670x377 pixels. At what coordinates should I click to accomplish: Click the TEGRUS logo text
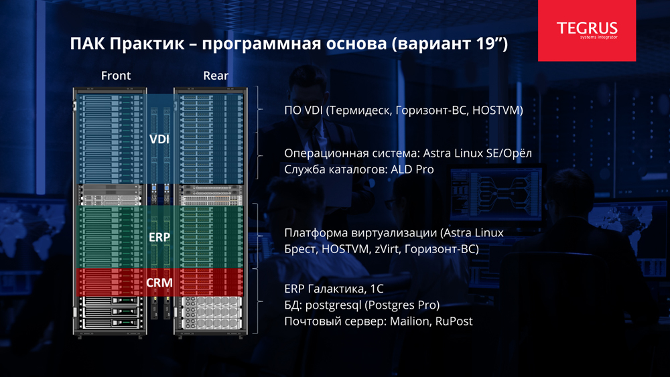(587, 28)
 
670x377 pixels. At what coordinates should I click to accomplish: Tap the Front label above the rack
(116, 76)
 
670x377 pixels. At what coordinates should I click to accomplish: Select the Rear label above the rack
(216, 76)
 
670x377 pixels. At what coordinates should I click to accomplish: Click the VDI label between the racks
(159, 139)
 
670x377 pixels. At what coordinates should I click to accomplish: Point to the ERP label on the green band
(159, 237)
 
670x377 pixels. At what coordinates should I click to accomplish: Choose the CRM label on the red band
(159, 283)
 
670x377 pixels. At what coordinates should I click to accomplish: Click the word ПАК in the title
(88, 44)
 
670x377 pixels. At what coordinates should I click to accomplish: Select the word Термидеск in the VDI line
(360, 110)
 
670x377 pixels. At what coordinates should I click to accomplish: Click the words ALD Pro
(412, 169)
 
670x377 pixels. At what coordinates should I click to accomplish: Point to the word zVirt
(387, 249)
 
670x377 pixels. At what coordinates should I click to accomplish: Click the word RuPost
(454, 321)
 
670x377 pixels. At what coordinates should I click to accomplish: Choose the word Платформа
(316, 233)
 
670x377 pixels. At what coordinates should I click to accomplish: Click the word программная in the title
(261, 44)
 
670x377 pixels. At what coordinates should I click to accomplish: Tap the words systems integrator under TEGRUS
(598, 37)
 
